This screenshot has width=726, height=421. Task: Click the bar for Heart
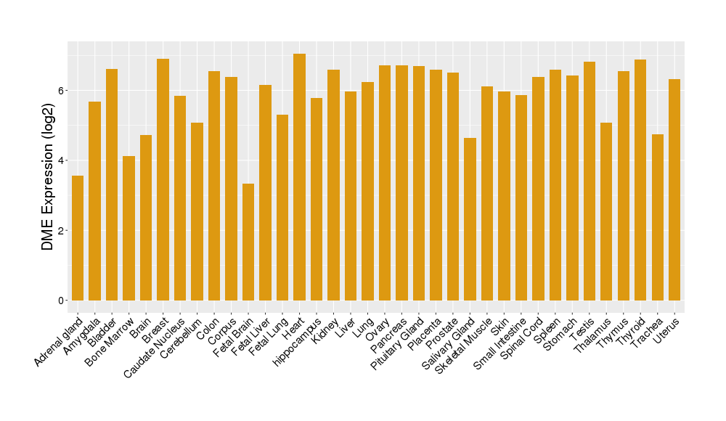coord(299,177)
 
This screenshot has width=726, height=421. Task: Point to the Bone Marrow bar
coord(129,228)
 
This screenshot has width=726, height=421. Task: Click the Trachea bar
coord(657,217)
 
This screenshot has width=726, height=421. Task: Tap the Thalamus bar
coord(606,211)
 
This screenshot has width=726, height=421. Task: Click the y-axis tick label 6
coord(62,91)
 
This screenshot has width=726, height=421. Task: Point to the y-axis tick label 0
coord(62,301)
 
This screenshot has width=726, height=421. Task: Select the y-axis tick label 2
coord(62,231)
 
